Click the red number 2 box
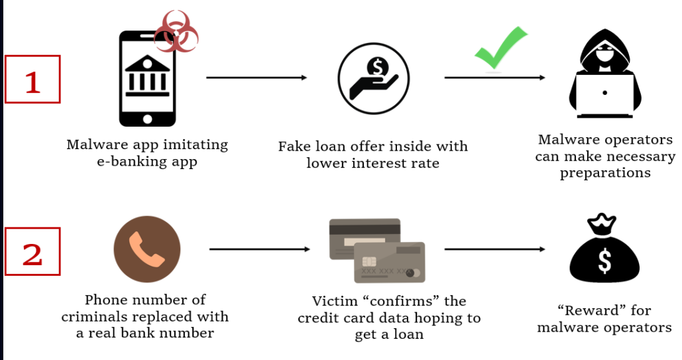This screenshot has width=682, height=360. coord(32,252)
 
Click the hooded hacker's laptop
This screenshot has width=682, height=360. coord(604,95)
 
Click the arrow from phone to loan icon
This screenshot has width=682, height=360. coord(256,78)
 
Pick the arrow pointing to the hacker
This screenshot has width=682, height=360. coord(494,78)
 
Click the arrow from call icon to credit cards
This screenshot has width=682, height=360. coord(259,249)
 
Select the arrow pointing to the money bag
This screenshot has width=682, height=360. coord(494,249)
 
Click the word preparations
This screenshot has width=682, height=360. coord(605,173)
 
